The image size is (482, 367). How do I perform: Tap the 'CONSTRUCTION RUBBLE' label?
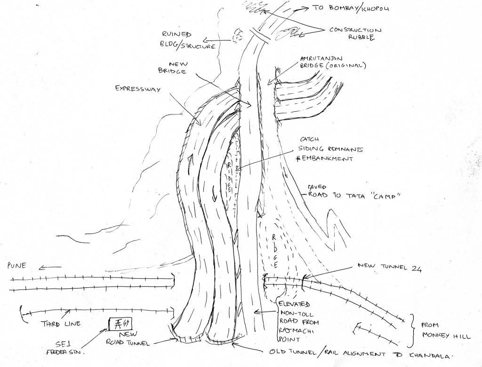355,33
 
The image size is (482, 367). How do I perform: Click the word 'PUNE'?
17,267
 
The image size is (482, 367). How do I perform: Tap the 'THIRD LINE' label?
61,323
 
